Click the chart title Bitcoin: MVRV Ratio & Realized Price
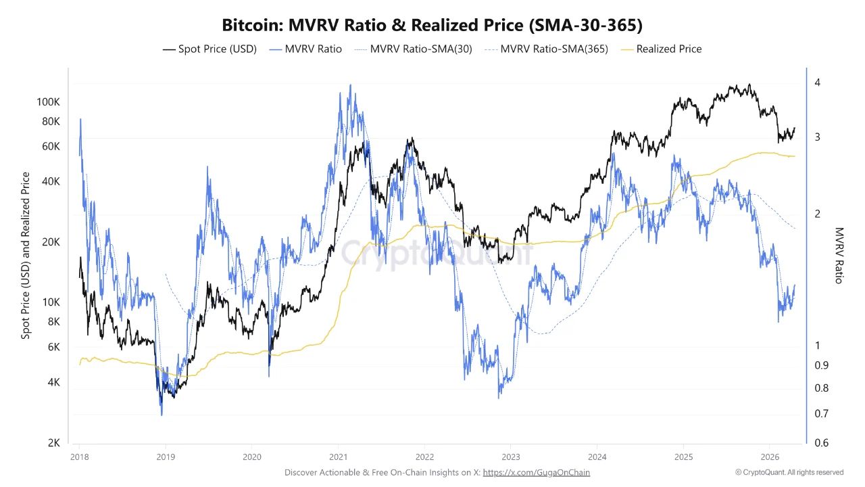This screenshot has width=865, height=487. [432, 26]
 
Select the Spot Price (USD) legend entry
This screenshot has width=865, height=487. [209, 49]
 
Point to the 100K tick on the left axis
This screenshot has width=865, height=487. [49, 101]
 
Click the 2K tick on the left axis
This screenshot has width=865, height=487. [54, 442]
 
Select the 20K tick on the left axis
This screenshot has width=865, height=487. [51, 242]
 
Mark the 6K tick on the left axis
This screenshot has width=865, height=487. [54, 347]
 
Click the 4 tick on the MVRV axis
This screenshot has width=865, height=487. [817, 83]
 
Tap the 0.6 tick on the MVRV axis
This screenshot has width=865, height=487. [820, 442]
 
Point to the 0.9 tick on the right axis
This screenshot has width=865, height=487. [820, 365]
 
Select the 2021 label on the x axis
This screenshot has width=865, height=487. [338, 457]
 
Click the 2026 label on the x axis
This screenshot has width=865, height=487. [770, 457]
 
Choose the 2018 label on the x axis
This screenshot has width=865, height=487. [79, 457]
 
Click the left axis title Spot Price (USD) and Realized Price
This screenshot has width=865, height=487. [26, 255]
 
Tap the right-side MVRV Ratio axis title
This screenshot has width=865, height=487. [839, 255]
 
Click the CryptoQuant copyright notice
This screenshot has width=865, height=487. [789, 472]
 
